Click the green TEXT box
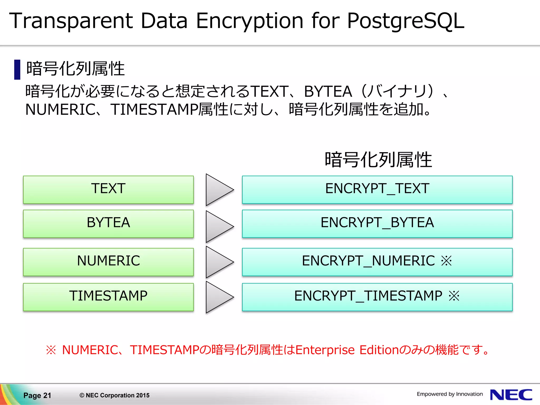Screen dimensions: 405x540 [108, 189]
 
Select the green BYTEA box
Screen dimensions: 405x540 [108, 223]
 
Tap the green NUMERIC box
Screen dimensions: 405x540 [108, 262]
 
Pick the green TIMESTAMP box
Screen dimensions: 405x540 [108, 297]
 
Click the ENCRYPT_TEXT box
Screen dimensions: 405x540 [377, 189]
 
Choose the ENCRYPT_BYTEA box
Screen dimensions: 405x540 [377, 223]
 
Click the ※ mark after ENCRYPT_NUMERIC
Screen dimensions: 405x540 [446, 261]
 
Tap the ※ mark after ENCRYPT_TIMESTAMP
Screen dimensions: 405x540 [454, 296]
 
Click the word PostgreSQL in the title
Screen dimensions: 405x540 [405, 21]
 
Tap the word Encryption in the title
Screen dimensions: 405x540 [249, 21]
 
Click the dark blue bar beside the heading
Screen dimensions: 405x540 [17, 70]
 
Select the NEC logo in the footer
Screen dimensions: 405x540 [511, 395]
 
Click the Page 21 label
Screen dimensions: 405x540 [37, 395]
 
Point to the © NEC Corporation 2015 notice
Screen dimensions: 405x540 [114, 395]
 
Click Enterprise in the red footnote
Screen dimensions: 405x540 [325, 350]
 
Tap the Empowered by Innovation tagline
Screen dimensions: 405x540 [450, 394]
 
